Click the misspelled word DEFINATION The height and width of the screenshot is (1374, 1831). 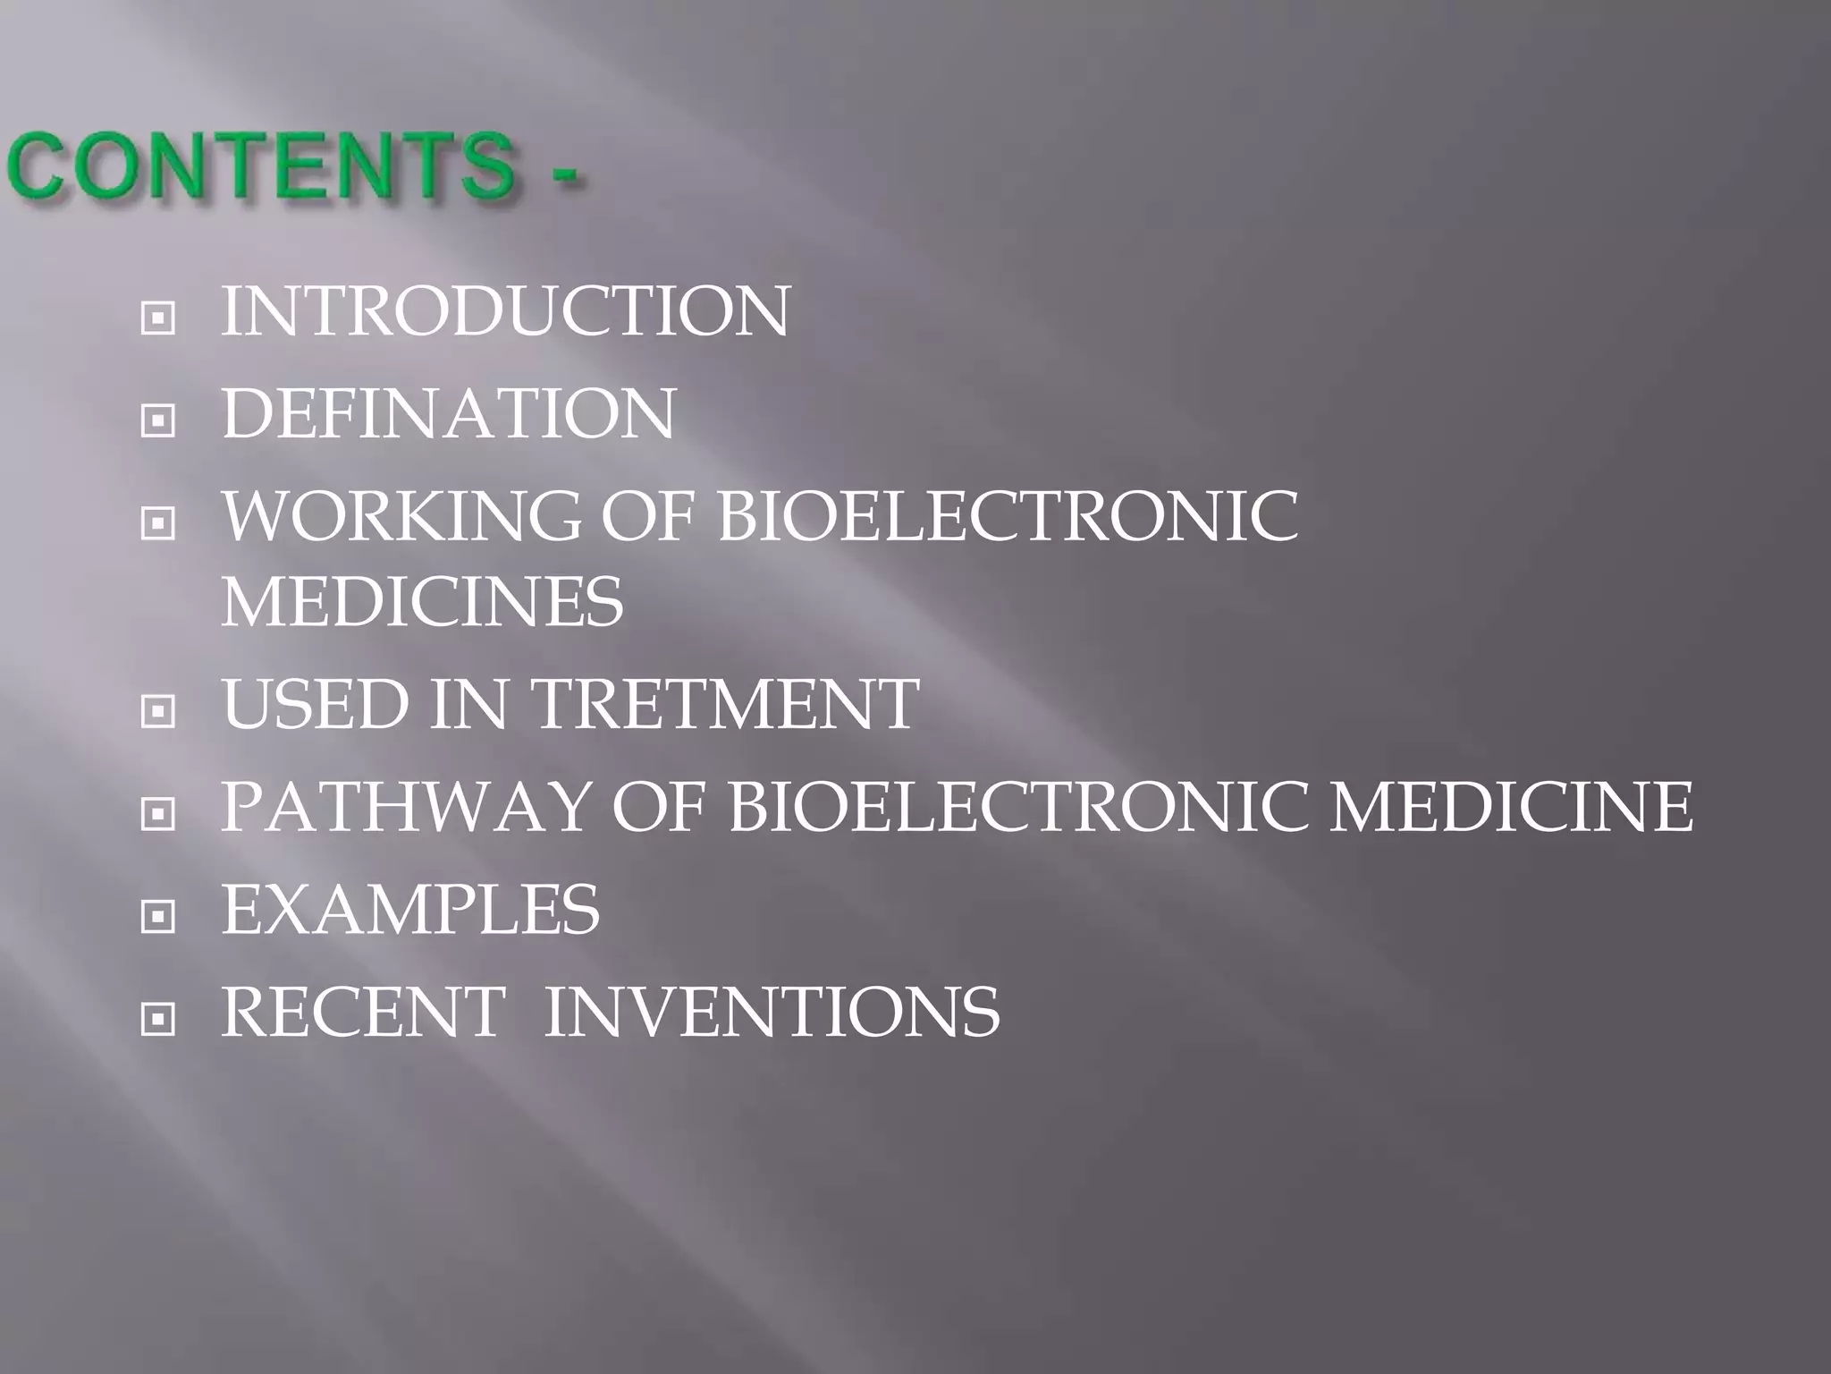pos(448,414)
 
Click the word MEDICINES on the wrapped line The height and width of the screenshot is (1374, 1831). pos(422,602)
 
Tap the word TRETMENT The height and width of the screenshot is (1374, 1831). pos(725,704)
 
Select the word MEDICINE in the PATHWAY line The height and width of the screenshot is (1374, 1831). pos(1510,807)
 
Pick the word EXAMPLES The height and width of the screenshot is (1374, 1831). pos(410,910)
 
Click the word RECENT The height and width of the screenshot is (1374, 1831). pos(363,1013)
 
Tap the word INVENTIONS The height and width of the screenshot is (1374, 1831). pos(772,1013)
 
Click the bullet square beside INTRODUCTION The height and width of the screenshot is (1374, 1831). pos(157,318)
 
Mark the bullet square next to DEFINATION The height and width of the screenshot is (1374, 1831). pos(157,420)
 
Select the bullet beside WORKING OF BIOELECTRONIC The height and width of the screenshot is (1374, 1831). pos(157,522)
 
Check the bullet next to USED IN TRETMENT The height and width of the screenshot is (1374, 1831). pos(157,711)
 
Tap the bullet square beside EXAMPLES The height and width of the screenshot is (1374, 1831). pos(157,916)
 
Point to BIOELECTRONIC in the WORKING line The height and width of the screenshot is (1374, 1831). pos(1008,516)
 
